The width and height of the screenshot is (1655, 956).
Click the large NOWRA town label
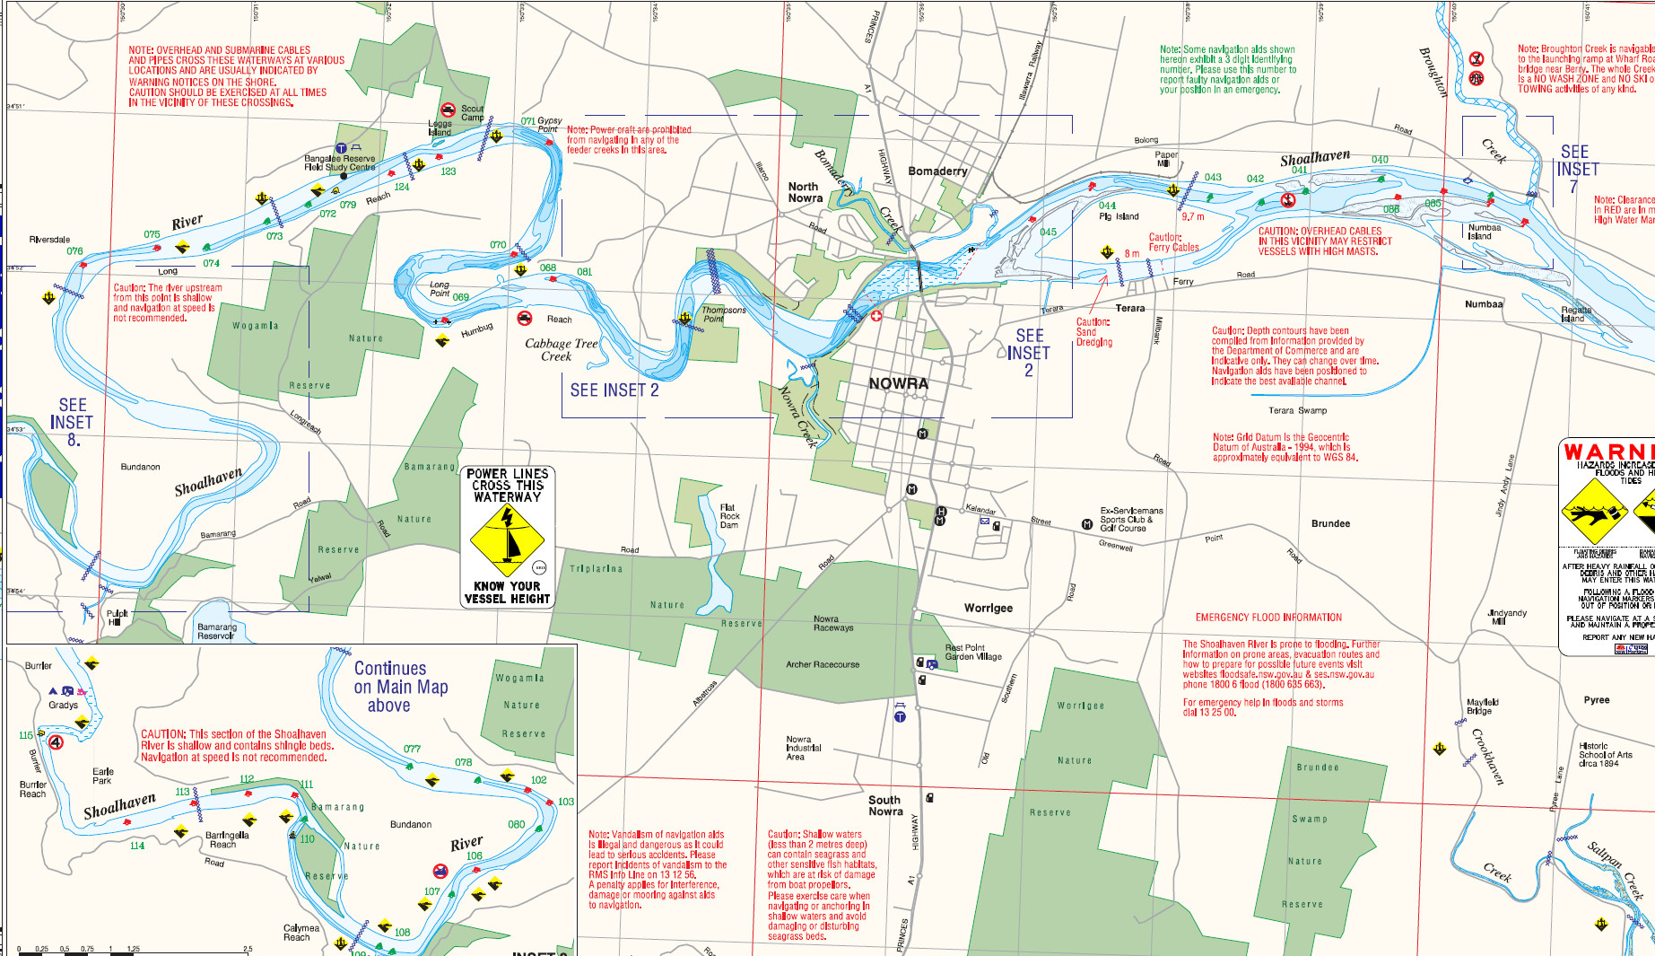tap(898, 383)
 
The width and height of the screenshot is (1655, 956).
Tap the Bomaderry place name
tap(937, 171)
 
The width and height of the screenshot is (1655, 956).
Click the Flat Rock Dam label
tap(729, 516)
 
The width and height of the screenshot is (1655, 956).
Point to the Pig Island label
tap(1119, 216)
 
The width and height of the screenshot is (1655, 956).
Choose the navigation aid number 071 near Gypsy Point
tap(527, 121)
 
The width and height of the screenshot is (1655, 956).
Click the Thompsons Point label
tap(724, 314)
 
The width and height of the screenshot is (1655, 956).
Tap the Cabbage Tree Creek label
tap(561, 349)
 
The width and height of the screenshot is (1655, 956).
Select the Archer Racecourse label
tap(822, 664)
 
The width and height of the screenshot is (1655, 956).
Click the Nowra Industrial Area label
tap(803, 748)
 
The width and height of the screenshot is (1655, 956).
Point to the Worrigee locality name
tap(988, 608)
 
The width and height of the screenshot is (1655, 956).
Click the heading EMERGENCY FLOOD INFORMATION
tap(1267, 618)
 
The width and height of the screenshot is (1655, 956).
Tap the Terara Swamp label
tap(1297, 410)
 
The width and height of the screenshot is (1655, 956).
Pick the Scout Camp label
tap(472, 113)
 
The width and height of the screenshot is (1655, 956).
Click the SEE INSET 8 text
tap(72, 422)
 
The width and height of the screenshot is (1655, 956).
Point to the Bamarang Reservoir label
tap(216, 631)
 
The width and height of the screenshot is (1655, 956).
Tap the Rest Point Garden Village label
tap(972, 652)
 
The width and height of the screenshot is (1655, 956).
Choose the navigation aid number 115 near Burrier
tap(25, 735)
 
